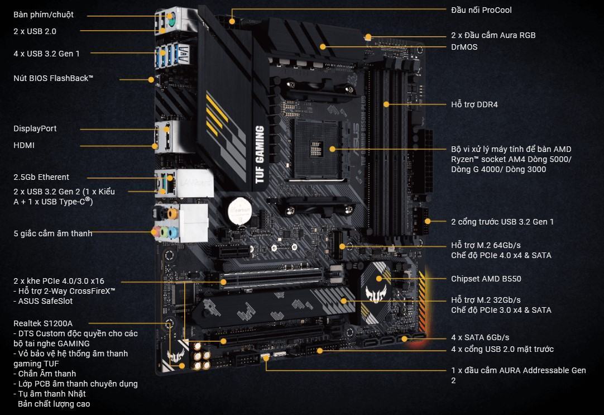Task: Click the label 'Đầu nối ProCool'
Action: pyautogui.click(x=481, y=10)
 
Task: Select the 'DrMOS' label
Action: pyautogui.click(x=464, y=47)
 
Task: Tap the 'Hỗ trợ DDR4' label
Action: pyautogui.click(x=474, y=104)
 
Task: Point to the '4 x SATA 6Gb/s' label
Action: pyautogui.click(x=480, y=337)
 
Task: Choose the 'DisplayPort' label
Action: pyautogui.click(x=35, y=128)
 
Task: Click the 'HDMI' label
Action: pyautogui.click(x=24, y=145)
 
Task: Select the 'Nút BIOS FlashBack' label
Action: pyautogui.click(x=53, y=78)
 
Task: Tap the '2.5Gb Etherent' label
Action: pyautogui.click(x=41, y=177)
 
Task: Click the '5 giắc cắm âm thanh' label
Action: pyautogui.click(x=53, y=233)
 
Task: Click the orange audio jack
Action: pyautogui.click(x=173, y=213)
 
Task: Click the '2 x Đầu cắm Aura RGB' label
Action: pyautogui.click(x=493, y=35)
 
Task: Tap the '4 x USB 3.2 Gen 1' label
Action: pyautogui.click(x=46, y=54)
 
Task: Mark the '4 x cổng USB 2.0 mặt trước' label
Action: pyautogui.click(x=502, y=349)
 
